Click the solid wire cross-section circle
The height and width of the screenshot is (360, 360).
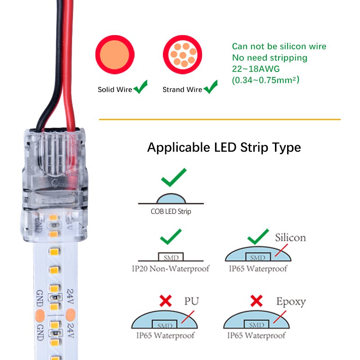pyautogui.click(x=115, y=55)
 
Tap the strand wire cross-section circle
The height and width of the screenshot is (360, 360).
pyautogui.click(x=182, y=55)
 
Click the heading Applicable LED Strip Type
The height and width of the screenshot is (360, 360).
pyautogui.click(x=224, y=147)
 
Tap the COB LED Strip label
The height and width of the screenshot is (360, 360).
pyautogui.click(x=171, y=211)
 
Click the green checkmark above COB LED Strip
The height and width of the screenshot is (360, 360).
pyautogui.click(x=174, y=178)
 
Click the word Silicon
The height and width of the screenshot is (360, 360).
pyautogui.click(x=290, y=237)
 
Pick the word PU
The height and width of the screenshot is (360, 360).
pyautogui.click(x=191, y=301)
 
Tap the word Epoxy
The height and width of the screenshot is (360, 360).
pyautogui.click(x=291, y=301)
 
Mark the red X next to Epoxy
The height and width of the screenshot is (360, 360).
pyautogui.click(x=256, y=301)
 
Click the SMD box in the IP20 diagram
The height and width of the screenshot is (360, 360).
pyautogui.click(x=171, y=257)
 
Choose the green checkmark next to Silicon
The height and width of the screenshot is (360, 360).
pyautogui.click(x=258, y=237)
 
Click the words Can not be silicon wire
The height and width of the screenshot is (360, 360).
pyautogui.click(x=279, y=46)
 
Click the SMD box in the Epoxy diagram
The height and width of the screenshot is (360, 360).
pyautogui.click(x=257, y=324)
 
